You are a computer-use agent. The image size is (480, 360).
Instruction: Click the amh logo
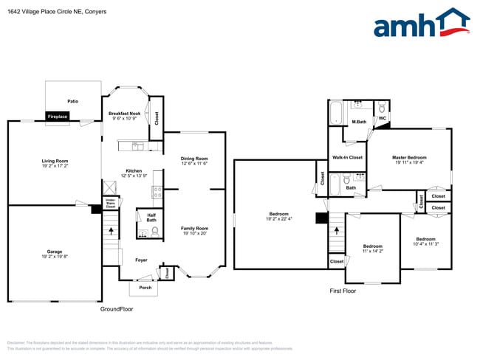[x=421, y=24]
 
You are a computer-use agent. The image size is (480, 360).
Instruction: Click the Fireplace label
[x=58, y=117]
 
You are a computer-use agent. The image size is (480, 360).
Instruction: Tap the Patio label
[x=73, y=101]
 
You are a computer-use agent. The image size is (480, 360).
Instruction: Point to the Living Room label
[x=55, y=164]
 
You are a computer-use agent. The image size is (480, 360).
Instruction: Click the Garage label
[x=55, y=255]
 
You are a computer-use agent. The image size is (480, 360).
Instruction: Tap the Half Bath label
[x=151, y=218]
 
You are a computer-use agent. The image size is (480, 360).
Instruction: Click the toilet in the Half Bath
[x=155, y=232]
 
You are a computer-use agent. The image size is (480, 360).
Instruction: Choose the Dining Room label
[x=194, y=161]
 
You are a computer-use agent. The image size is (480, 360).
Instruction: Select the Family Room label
[x=195, y=231]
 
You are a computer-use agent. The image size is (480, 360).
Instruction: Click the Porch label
[x=145, y=288]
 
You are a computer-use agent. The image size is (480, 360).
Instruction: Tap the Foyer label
[x=140, y=260]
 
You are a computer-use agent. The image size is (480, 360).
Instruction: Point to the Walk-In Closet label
[x=347, y=157]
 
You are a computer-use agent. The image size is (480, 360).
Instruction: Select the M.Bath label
[x=359, y=122]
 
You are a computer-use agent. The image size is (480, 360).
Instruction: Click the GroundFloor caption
[x=116, y=309]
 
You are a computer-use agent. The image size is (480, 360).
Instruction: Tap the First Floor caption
[x=343, y=291]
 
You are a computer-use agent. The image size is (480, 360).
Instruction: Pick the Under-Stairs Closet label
[x=110, y=203]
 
